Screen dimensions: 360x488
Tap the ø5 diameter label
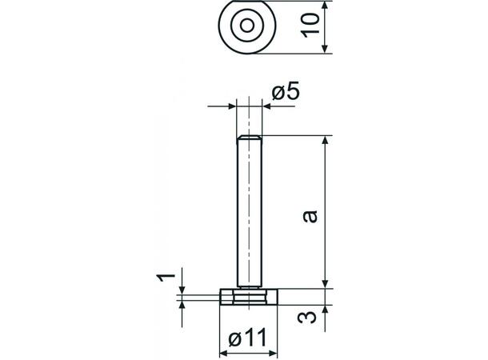click(286, 93)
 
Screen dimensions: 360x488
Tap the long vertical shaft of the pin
click(249, 212)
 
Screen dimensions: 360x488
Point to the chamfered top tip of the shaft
click(249, 139)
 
